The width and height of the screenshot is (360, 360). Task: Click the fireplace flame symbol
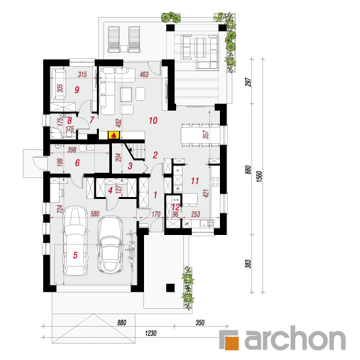coord(113,135)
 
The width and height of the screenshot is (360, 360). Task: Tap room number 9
coord(77,90)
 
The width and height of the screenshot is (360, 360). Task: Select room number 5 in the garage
coord(75,255)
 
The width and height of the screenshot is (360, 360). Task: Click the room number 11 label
coord(195,181)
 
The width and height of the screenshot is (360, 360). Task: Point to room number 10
coord(153,120)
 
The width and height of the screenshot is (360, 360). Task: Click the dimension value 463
coord(144,74)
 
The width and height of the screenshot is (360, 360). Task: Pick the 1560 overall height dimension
coord(259,176)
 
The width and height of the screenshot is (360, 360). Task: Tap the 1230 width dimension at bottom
coord(151,333)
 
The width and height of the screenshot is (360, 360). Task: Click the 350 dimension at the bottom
coord(200,323)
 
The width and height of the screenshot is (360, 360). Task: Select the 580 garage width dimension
coord(95,214)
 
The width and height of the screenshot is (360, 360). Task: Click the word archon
coord(295,338)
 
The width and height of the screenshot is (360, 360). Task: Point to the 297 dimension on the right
coord(249,82)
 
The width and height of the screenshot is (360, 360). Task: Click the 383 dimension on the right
coord(248,264)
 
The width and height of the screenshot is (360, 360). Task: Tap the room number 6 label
coord(77,163)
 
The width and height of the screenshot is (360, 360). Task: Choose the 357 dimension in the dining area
coord(206,135)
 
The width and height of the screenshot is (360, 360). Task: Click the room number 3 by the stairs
coord(130,166)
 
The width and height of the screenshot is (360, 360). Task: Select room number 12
coord(176,207)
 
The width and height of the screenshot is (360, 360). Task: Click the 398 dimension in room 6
coord(72,150)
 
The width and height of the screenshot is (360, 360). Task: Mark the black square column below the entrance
coord(170,288)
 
